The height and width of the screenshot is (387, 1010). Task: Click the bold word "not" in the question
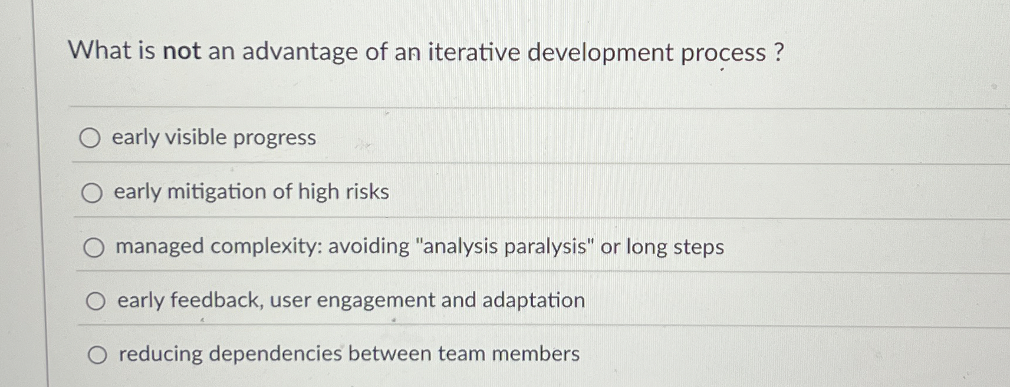coord(182,51)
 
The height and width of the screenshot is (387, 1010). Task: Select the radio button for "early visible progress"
coord(90,138)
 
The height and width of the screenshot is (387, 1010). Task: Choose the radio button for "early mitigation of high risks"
coord(92,193)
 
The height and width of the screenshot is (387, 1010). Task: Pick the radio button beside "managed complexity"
coord(94,247)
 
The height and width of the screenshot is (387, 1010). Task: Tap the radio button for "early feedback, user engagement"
coord(96,302)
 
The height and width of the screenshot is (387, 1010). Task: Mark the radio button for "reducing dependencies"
coord(97,355)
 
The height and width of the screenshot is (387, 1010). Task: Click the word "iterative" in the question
coord(474,52)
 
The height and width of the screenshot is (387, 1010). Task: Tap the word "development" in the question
coord(600,53)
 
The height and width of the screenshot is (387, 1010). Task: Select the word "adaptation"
coord(534,300)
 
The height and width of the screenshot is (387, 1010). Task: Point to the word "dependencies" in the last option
coord(275,354)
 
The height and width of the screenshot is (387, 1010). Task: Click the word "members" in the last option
coord(536,354)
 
